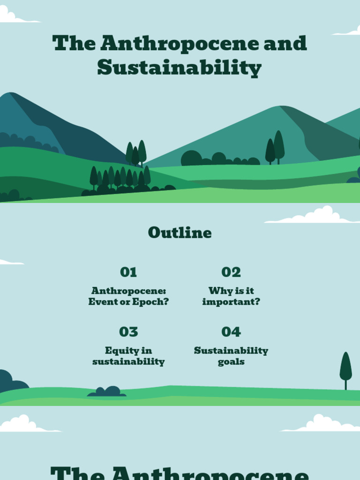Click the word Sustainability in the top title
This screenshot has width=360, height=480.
coord(179,68)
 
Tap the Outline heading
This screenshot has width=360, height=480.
coord(180,232)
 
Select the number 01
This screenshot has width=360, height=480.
coord(128,272)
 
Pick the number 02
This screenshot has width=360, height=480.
coord(231,272)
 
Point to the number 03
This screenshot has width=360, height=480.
coord(128,332)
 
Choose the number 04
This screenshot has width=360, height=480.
coord(231,332)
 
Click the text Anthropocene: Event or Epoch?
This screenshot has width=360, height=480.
coord(128,296)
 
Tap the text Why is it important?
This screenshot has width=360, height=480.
coord(231,296)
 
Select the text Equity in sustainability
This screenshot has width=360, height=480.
coord(128,356)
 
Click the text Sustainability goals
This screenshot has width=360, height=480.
coord(231,356)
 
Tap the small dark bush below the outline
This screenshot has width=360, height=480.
coord(107,392)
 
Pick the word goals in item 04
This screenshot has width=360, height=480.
coord(231,362)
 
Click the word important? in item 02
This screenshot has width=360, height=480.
coord(231,302)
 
